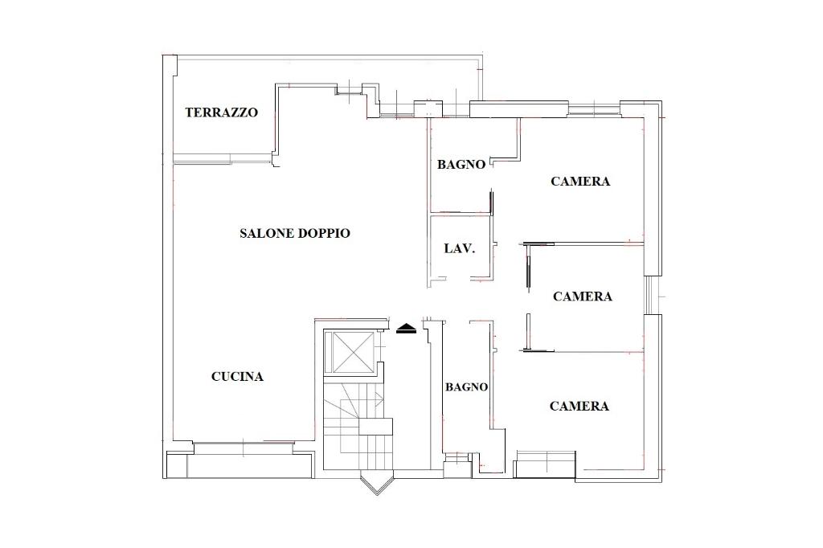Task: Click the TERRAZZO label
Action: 222,112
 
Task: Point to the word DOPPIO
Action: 323,233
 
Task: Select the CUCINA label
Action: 237,376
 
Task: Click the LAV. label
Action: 459,248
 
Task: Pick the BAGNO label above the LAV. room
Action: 461,164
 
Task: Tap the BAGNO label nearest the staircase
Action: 467,387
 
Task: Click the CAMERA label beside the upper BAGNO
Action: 580,181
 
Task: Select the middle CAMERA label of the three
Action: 583,296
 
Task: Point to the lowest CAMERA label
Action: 579,406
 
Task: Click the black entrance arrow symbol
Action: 406,329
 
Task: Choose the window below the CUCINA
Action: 244,448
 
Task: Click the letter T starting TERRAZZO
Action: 190,112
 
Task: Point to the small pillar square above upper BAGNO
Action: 428,108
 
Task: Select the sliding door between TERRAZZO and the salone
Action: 223,158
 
